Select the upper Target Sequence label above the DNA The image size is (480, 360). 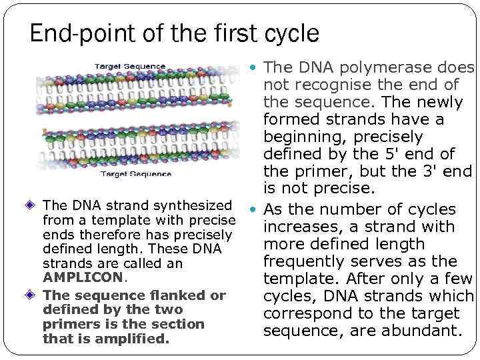[x=130, y=67]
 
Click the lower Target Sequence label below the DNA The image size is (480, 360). [x=135, y=174]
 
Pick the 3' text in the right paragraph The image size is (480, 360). [x=428, y=172]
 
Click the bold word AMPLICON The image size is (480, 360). [x=83, y=277]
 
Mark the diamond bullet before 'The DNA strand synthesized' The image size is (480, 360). [x=33, y=205]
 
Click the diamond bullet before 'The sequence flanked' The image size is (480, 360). [x=33, y=295]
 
